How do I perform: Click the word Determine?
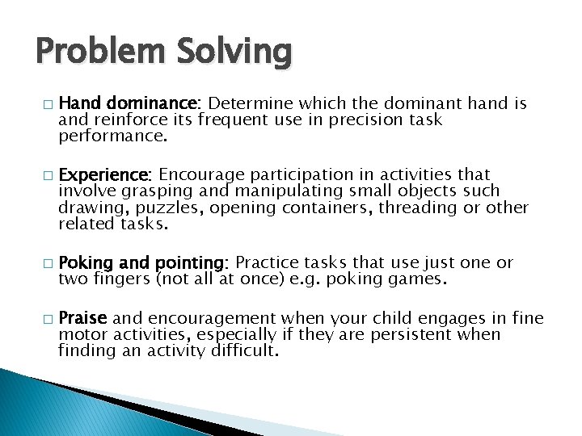click(x=251, y=103)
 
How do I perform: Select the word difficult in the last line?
click(x=242, y=350)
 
